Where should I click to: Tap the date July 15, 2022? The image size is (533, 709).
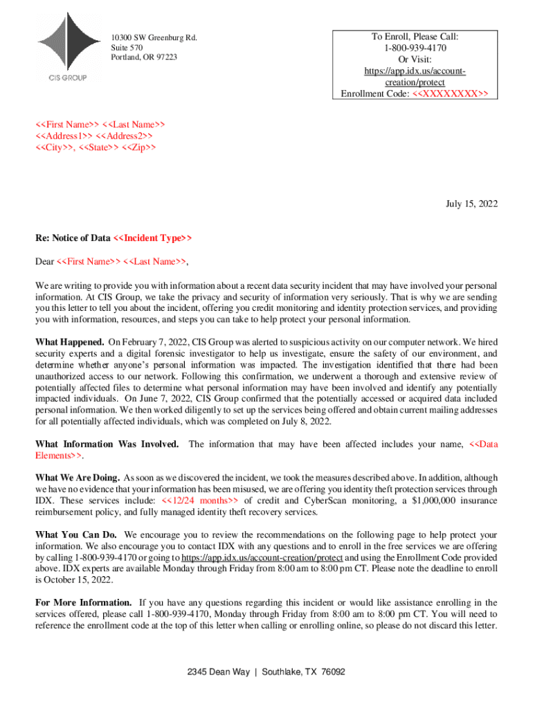[x=471, y=204]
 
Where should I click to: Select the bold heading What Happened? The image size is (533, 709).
[x=70, y=342]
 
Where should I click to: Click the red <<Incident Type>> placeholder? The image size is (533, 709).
[x=152, y=238]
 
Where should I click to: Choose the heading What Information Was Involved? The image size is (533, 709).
[x=107, y=444]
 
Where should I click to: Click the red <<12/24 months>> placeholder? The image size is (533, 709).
[x=200, y=501]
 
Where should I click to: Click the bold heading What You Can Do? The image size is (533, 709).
[x=75, y=535]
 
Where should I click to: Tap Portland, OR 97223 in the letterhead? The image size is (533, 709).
[x=144, y=57]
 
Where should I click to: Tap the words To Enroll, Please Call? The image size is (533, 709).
[x=415, y=37]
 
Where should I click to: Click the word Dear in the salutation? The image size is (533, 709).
[x=45, y=262]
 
